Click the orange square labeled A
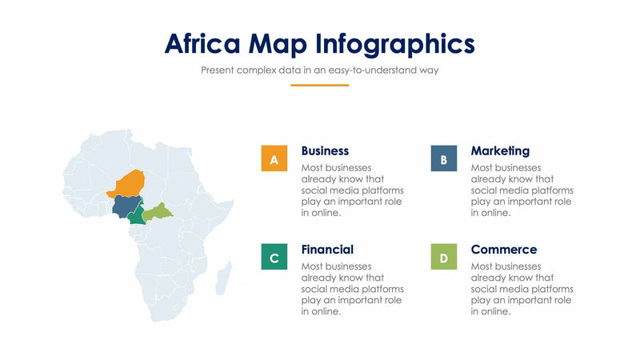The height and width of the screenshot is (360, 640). pyautogui.click(x=274, y=158)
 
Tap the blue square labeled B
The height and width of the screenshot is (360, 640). pyautogui.click(x=443, y=158)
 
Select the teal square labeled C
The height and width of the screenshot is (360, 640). pyautogui.click(x=274, y=257)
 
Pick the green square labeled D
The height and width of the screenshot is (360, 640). pyautogui.click(x=443, y=257)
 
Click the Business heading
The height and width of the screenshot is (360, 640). pyautogui.click(x=325, y=150)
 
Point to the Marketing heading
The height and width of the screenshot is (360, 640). pyautogui.click(x=500, y=150)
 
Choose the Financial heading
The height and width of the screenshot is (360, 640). pyautogui.click(x=327, y=250)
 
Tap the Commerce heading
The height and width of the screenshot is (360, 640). pyautogui.click(x=503, y=250)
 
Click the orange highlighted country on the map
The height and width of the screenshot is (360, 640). pyautogui.click(x=130, y=183)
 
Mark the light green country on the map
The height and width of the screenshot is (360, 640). pyautogui.click(x=159, y=211)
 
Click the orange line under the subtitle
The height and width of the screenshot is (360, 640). pyautogui.click(x=319, y=85)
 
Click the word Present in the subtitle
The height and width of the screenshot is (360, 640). pyautogui.click(x=218, y=70)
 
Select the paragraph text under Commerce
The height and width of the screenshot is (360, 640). pyautogui.click(x=522, y=289)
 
